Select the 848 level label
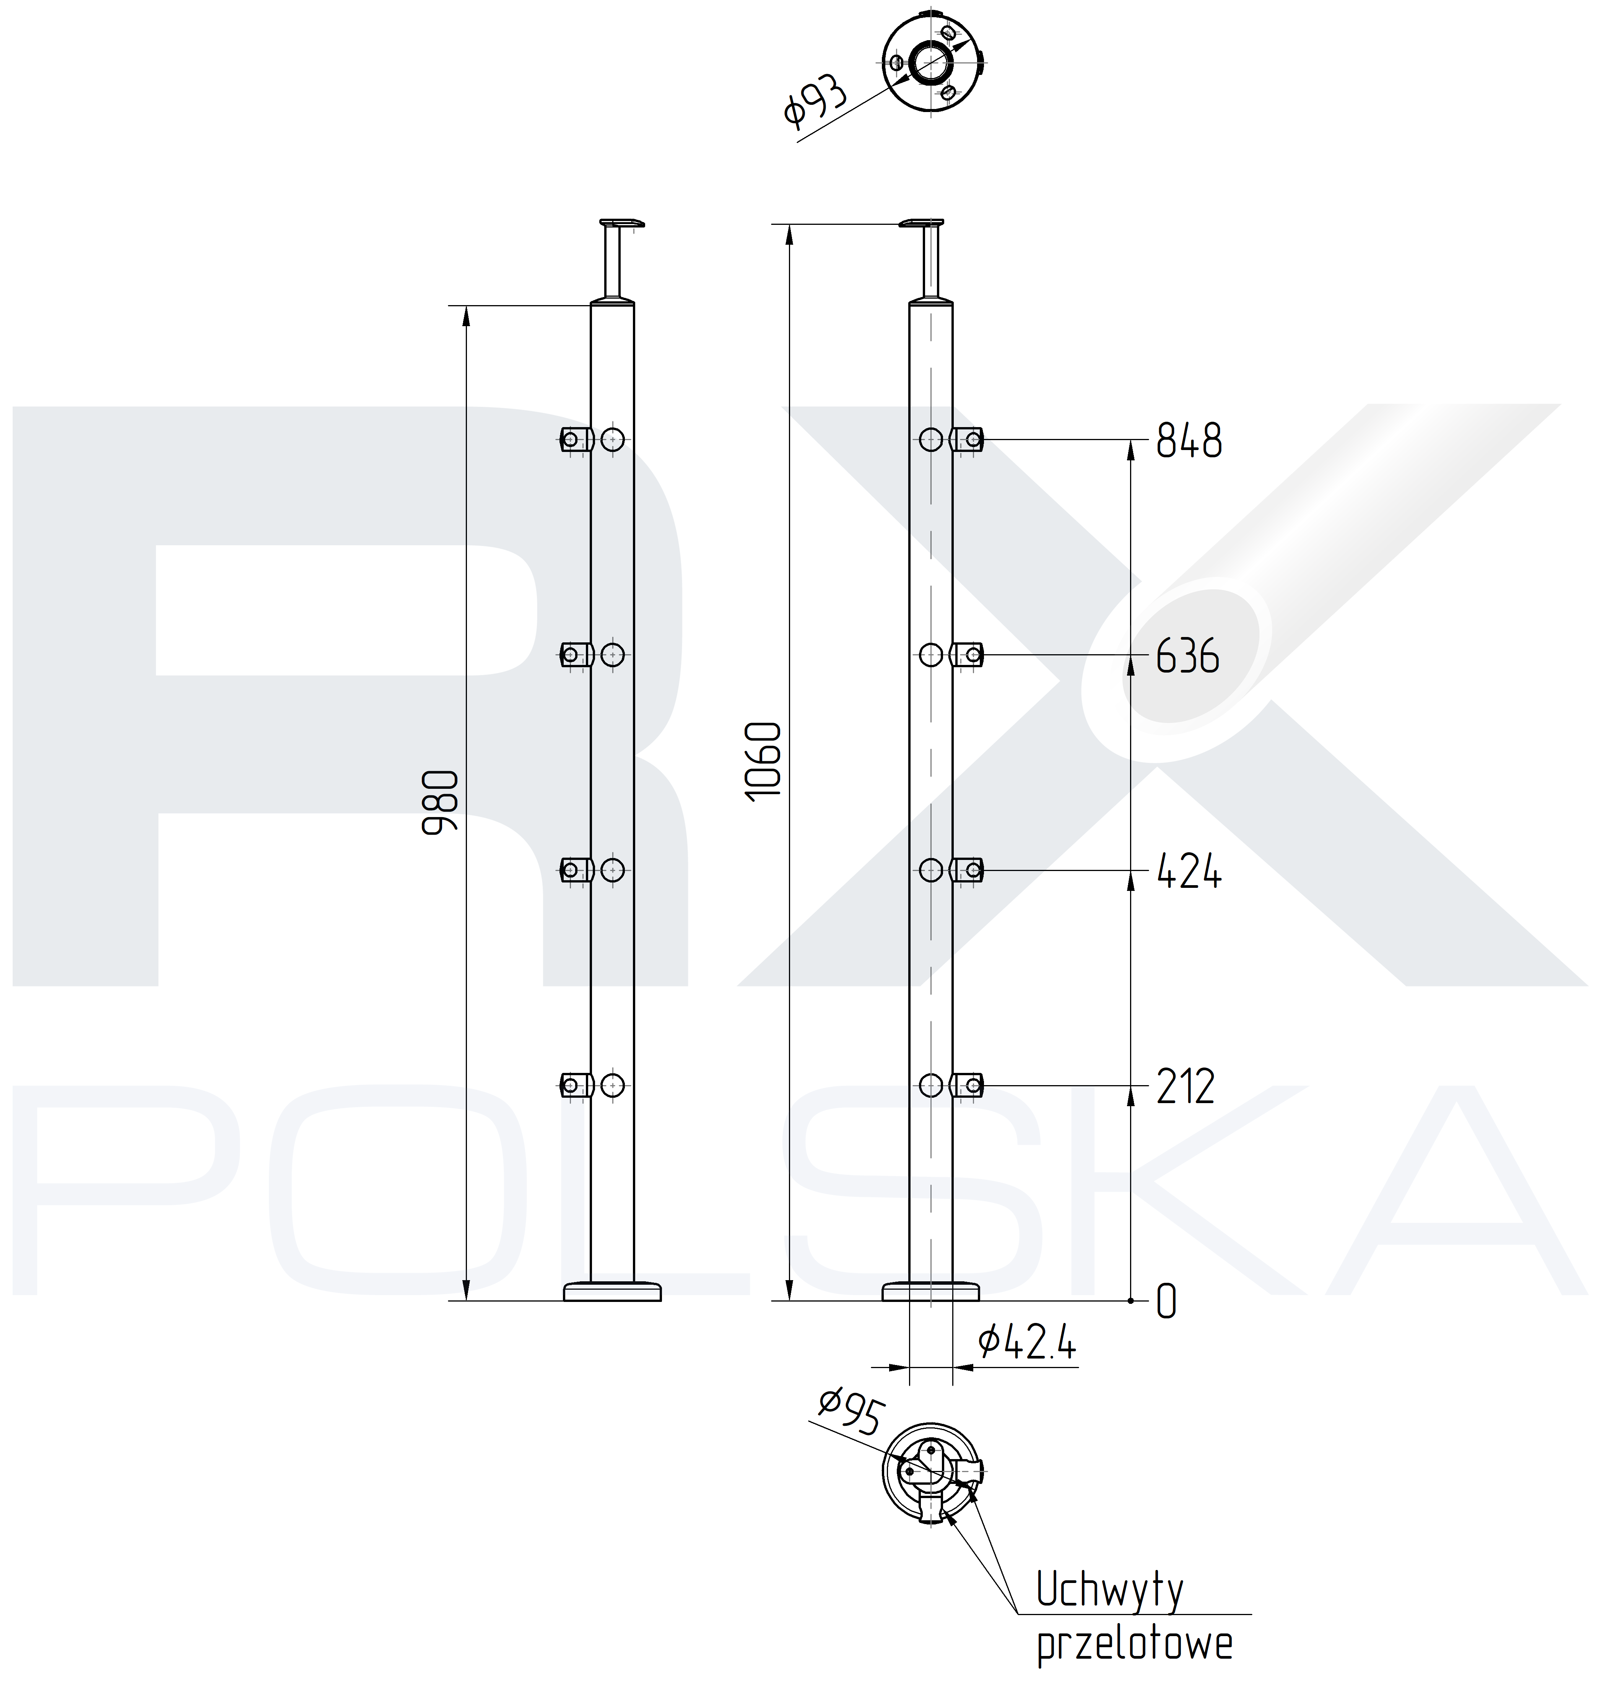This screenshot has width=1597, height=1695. click(1189, 441)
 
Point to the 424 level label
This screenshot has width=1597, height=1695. click(1189, 871)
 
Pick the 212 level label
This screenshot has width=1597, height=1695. click(1185, 1086)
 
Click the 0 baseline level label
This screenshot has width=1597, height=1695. click(1166, 1302)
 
